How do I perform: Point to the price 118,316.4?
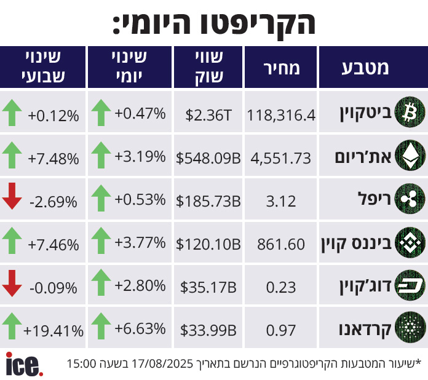pyautogui.click(x=281, y=114)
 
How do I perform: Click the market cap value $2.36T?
pyautogui.click(x=208, y=114)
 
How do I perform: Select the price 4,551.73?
pyautogui.click(x=281, y=158)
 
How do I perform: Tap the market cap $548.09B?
pyautogui.click(x=208, y=158)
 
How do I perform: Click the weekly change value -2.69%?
pyautogui.click(x=54, y=201)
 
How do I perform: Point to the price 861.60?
pyautogui.click(x=282, y=244)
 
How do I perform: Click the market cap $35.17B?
pyautogui.click(x=208, y=287)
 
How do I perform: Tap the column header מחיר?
pyautogui.click(x=281, y=68)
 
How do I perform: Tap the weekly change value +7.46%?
pyautogui.click(x=53, y=244)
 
